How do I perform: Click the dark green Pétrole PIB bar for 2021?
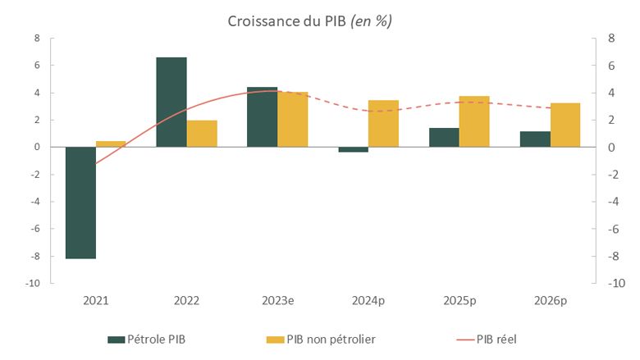coord(80,203)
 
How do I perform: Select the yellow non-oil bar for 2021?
coord(111,144)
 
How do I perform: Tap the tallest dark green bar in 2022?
coord(171,103)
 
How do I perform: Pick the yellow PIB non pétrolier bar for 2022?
coord(202,134)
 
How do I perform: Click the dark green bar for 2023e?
coord(263,117)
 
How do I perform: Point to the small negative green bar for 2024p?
coord(353,149)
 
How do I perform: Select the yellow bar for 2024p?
coord(383,124)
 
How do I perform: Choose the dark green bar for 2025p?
coord(444,138)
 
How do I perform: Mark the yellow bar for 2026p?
coord(565,125)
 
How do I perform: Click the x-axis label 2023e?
coord(277,301)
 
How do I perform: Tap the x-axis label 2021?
coord(95,301)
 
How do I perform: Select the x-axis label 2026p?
coord(550,301)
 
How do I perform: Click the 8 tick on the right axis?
coord(610,38)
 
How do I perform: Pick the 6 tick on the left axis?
coord(36,65)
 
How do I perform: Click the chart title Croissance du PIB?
coord(309,21)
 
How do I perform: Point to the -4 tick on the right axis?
coord(612,202)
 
